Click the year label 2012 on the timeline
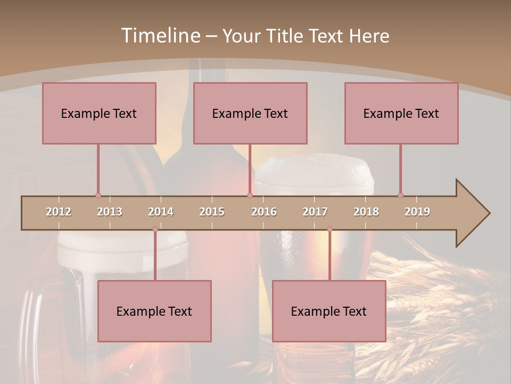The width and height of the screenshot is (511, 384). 59,212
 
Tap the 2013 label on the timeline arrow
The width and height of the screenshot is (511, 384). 110,212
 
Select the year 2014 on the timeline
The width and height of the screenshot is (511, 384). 161,212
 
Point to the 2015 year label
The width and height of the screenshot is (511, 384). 212,212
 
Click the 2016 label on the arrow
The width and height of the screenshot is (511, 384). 264,212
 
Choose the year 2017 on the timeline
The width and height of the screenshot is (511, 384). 315,212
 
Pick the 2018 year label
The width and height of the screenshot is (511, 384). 366,212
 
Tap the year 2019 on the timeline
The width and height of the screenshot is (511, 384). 417,212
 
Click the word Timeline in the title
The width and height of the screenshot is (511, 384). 160,36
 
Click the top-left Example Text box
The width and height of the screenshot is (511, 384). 99,113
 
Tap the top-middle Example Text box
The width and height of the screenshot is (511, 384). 250,113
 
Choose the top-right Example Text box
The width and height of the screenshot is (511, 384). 401,113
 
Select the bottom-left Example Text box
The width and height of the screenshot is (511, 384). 154,311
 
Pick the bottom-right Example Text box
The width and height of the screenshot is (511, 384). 329,311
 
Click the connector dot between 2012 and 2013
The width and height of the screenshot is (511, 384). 98,195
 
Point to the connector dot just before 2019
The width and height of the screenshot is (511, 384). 400,195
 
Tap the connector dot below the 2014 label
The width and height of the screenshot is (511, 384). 155,229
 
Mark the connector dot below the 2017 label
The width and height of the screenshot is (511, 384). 329,229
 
